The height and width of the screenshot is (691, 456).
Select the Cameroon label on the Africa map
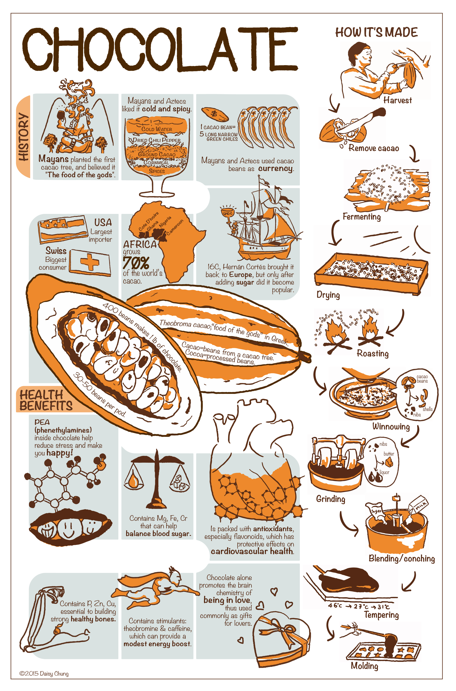175,227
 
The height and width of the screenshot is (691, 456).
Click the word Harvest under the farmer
398,100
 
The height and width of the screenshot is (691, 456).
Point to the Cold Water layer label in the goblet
157,129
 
